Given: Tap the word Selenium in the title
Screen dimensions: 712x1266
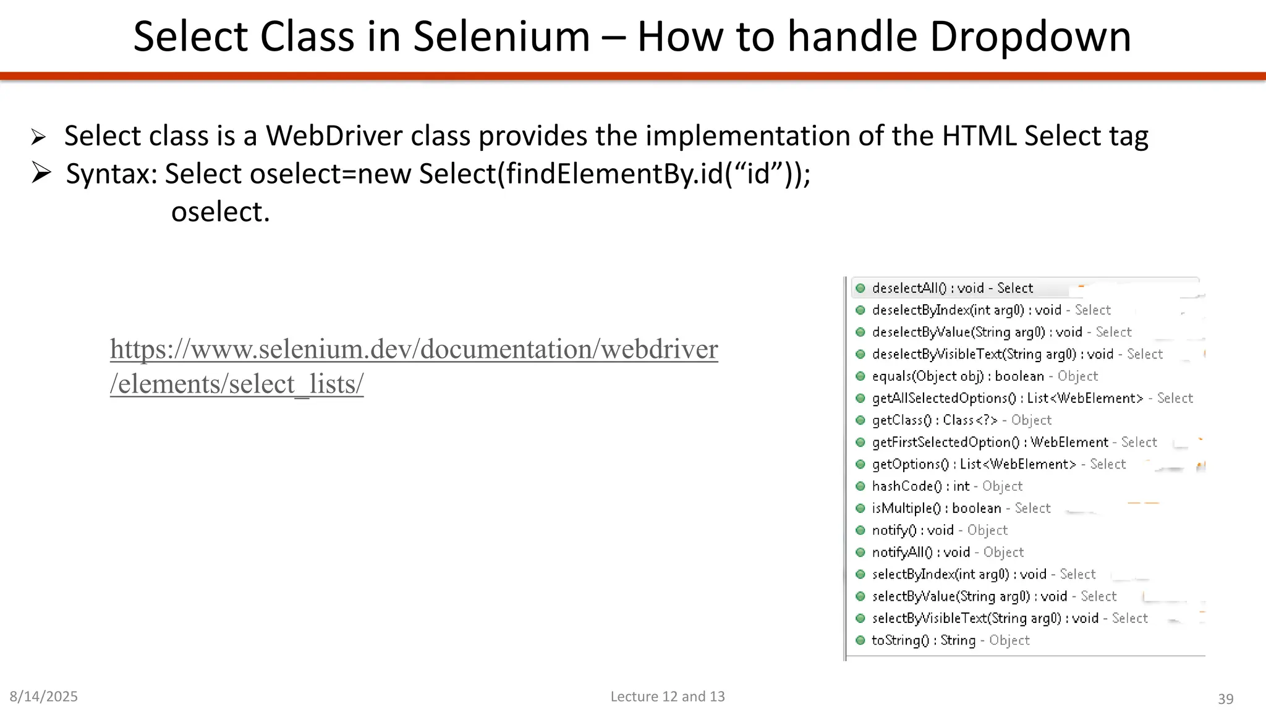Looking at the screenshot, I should pyautogui.click(x=501, y=37).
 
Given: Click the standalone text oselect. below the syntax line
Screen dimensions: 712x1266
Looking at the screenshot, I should pyautogui.click(x=221, y=212).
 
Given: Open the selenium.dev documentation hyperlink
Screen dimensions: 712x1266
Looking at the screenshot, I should pyautogui.click(x=414, y=350).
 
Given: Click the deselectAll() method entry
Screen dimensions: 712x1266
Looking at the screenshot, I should pyautogui.click(x=952, y=288).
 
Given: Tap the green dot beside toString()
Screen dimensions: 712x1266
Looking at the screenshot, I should pyautogui.click(x=860, y=640).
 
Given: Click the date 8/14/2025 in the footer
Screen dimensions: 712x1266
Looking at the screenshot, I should pyautogui.click(x=44, y=697).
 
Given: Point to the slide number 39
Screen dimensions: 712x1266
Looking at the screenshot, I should pyautogui.click(x=1225, y=699).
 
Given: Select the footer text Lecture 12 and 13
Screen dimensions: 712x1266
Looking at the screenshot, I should pyautogui.click(x=668, y=697).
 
